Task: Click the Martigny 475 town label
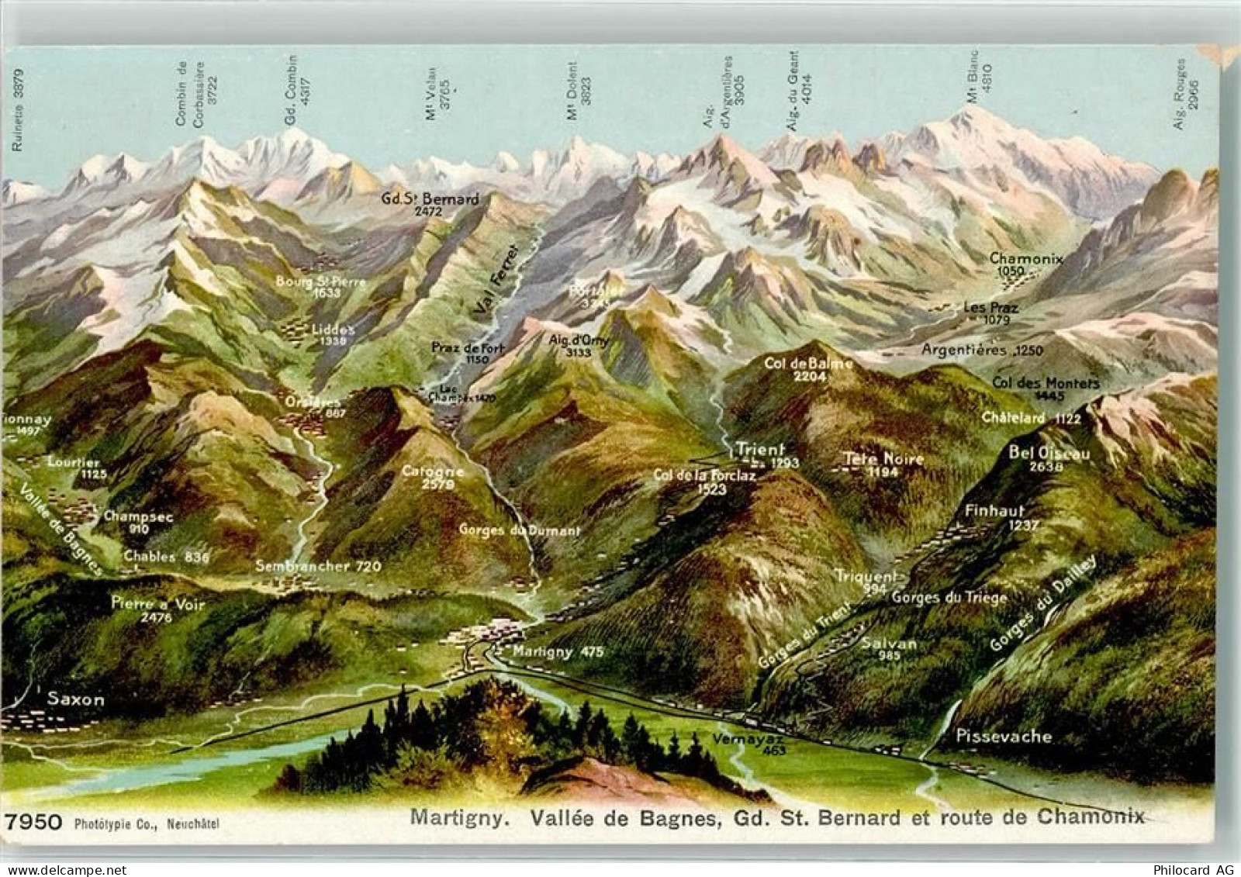tap(558, 651)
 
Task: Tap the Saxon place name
tap(75, 699)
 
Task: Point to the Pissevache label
tap(1003, 736)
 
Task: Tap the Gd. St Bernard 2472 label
tap(430, 204)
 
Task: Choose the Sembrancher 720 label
tap(319, 566)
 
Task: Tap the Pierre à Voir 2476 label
tap(157, 609)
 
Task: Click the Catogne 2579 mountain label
tap(433, 477)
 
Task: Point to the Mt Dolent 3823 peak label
tap(579, 91)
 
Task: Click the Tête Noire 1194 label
tap(883, 464)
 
